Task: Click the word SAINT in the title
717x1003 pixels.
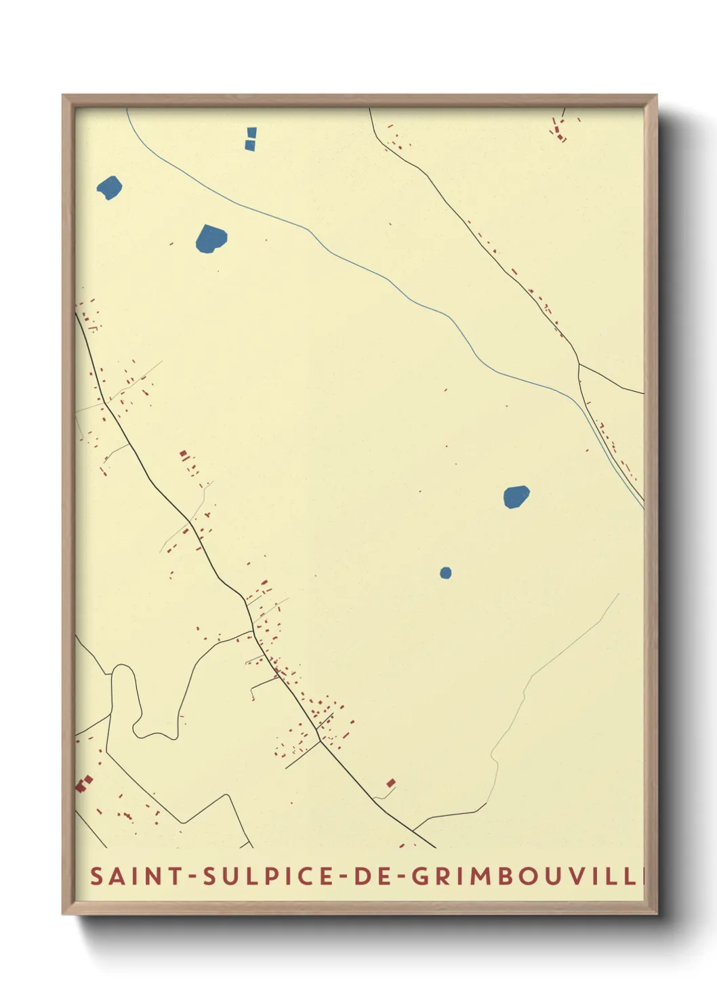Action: point(136,876)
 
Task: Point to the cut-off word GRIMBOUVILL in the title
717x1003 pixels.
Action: point(526,876)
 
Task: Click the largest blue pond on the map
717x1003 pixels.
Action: point(211,239)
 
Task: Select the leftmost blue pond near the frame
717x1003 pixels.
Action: point(109,187)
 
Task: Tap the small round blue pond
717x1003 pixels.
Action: point(445,573)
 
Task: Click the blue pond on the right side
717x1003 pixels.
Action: point(516,496)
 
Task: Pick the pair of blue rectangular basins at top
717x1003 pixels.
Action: point(251,138)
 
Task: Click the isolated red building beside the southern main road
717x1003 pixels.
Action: point(391,783)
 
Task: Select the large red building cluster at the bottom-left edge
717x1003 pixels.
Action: point(83,784)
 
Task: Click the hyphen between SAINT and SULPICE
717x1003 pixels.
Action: point(193,877)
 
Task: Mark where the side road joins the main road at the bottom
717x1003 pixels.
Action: point(413,830)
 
